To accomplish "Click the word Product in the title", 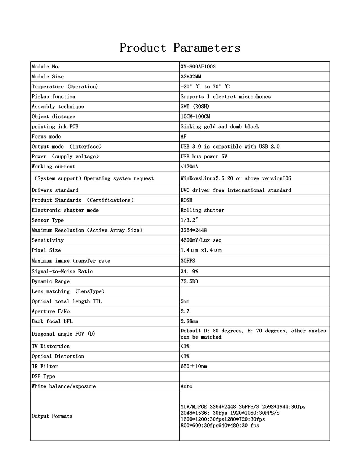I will [143, 48].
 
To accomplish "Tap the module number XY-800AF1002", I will [198, 66].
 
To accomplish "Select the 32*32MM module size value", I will [191, 76].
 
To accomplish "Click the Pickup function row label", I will [53, 96].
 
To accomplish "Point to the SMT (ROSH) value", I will [195, 106].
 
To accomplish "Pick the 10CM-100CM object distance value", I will [195, 116].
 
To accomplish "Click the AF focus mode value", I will [184, 136].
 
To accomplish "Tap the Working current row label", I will [53, 167].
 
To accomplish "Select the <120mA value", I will [189, 167].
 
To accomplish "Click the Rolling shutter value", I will [202, 210].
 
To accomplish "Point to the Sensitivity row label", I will [48, 240].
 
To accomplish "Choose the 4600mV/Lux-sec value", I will [201, 240].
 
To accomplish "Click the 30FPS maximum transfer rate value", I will [188, 261].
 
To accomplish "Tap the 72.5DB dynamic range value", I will [189, 281].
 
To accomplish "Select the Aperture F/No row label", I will [51, 311].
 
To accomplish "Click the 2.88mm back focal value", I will [189, 321].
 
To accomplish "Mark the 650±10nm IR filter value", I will [194, 366].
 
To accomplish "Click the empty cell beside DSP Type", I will [254, 376].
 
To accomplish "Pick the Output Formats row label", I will [52, 416].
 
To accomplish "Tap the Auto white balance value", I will [186, 386].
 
